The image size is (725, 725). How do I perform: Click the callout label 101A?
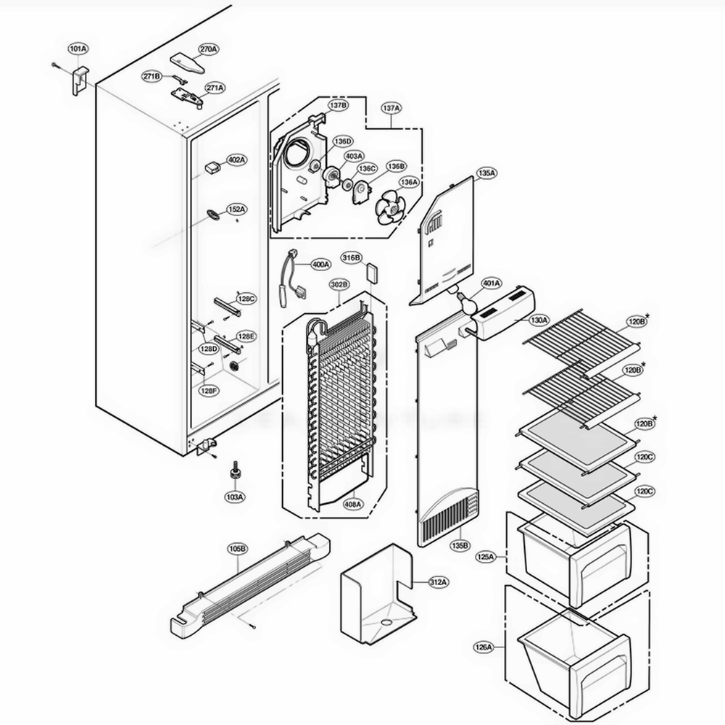(x=78, y=49)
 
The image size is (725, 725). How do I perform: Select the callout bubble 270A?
(x=208, y=49)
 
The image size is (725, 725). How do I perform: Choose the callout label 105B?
(x=238, y=548)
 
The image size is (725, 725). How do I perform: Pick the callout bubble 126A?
(x=484, y=646)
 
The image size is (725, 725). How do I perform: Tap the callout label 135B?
(x=460, y=545)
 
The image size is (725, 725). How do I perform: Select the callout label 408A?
(x=353, y=504)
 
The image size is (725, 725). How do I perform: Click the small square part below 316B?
(x=373, y=273)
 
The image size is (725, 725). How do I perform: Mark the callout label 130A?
(x=539, y=320)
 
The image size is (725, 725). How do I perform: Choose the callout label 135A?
(x=486, y=173)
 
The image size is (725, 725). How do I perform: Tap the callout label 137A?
(x=391, y=107)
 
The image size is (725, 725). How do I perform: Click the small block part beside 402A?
(x=211, y=166)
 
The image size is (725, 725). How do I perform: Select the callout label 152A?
(x=236, y=209)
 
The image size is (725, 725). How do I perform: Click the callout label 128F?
(x=210, y=391)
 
